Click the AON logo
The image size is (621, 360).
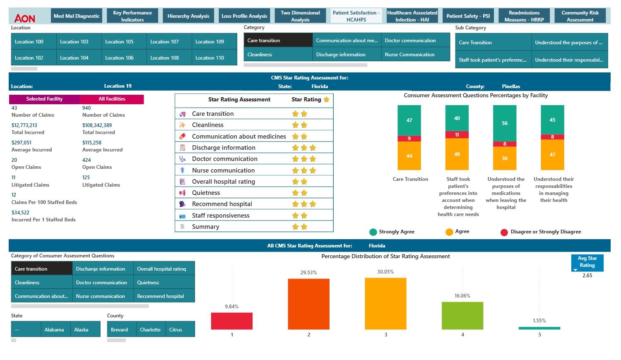[x=24, y=18]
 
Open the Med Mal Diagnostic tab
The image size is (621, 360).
[x=77, y=16]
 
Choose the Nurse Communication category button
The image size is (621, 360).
[x=415, y=55]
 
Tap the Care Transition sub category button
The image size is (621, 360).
[x=493, y=43]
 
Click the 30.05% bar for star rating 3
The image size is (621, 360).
[x=385, y=303]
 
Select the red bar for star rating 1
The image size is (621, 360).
[x=232, y=321]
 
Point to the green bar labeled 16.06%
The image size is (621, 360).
[x=462, y=315]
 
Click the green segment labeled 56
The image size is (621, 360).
[x=505, y=123]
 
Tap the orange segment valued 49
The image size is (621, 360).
[x=457, y=154]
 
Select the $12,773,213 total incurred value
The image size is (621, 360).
[x=24, y=125]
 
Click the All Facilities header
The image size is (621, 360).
[x=112, y=99]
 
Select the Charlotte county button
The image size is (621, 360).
[x=151, y=330]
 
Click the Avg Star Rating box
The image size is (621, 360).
[x=587, y=262]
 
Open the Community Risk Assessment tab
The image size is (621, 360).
[x=580, y=16]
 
